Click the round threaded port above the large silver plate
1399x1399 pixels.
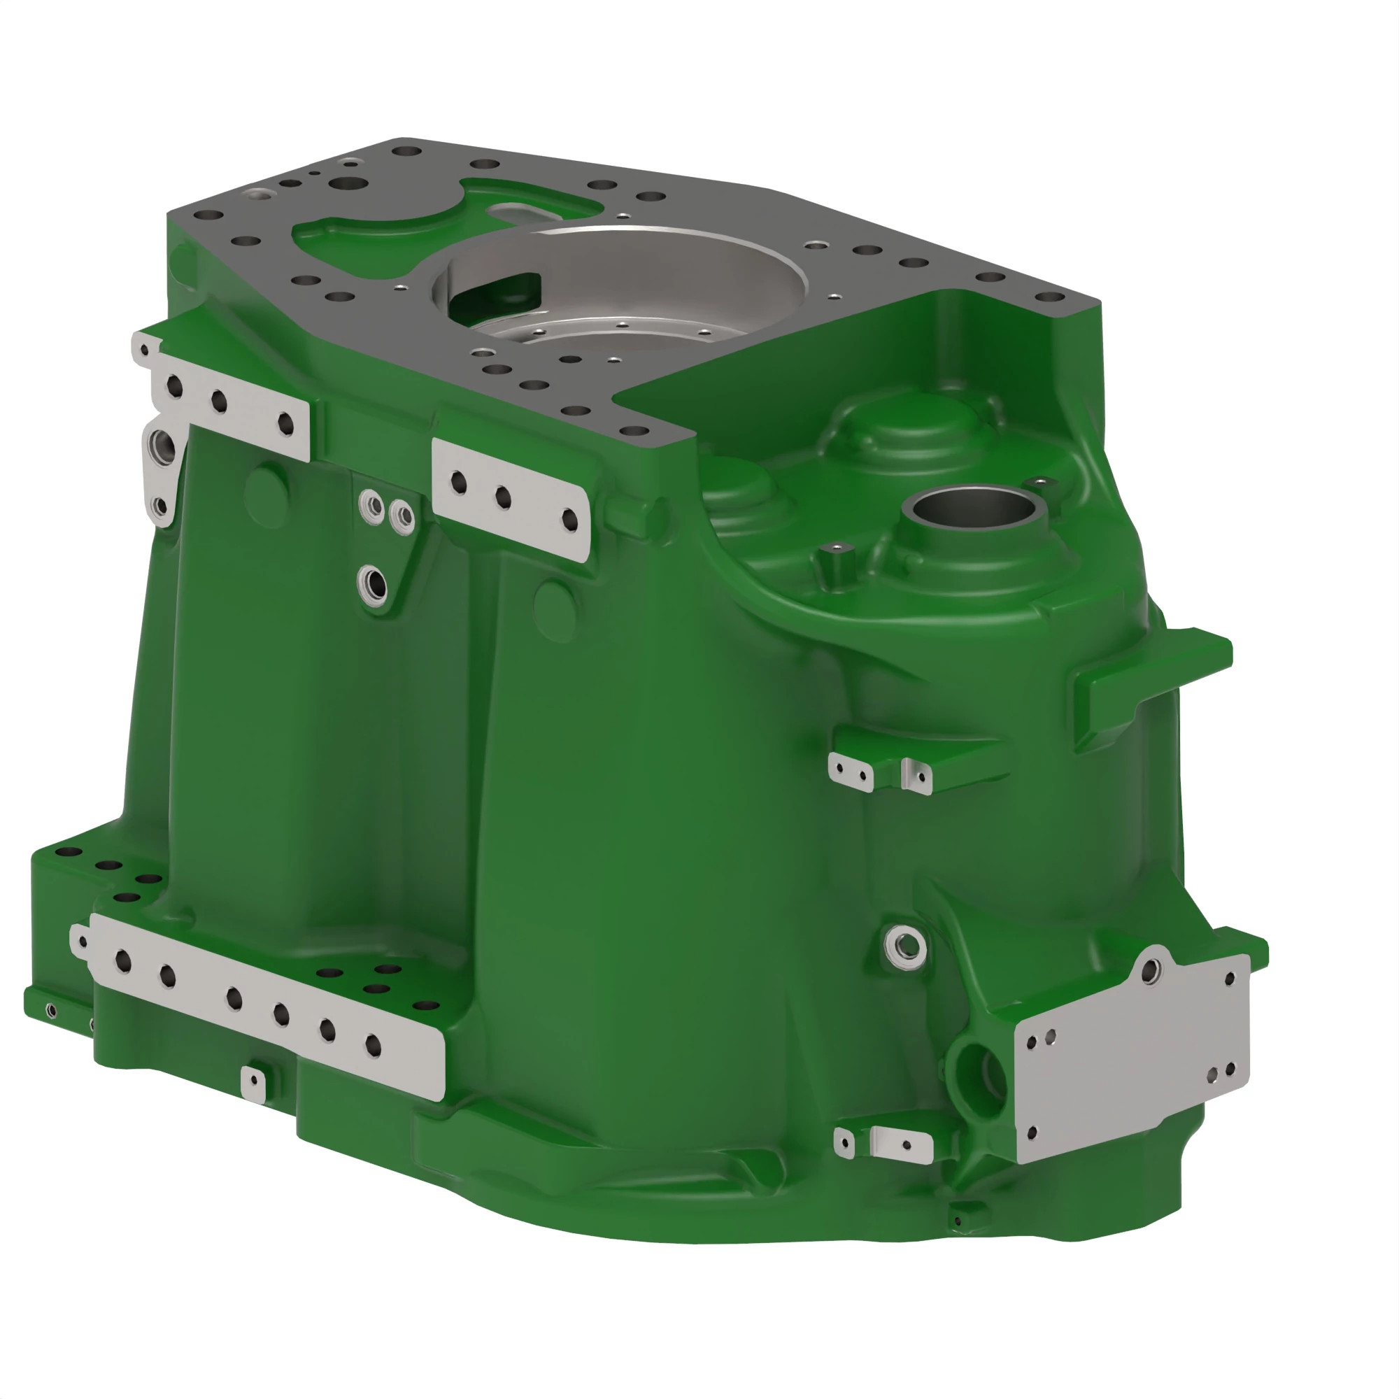(905, 945)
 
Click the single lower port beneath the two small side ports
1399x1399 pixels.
(374, 581)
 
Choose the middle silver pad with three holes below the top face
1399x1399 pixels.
(511, 497)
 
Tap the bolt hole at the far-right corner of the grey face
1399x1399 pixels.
(1048, 297)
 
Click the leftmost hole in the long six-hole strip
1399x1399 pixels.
(123, 961)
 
